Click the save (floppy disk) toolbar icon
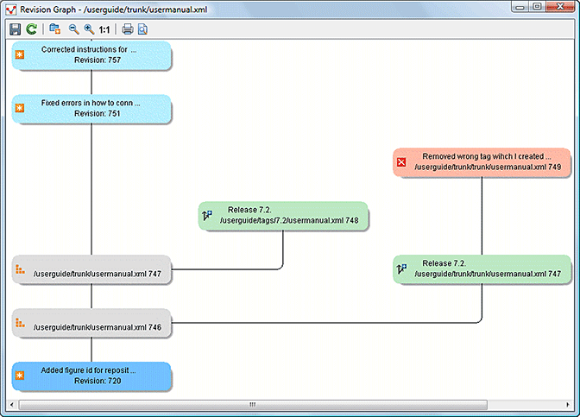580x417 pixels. pos(16,29)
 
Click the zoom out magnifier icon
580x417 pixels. pos(73,29)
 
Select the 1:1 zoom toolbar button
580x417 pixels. pos(104,29)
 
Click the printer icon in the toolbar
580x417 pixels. pos(127,29)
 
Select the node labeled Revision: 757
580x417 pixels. pos(91,55)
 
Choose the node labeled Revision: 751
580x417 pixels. pos(91,108)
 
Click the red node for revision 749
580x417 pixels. pos(482,161)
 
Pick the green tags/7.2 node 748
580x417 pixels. pos(283,216)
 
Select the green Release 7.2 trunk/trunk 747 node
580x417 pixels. pos(482,269)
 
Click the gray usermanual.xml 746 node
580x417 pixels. pos(91,326)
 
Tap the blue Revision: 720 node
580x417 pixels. pos(91,376)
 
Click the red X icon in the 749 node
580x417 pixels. pos(400,161)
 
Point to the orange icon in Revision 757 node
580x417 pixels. pos(20,55)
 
